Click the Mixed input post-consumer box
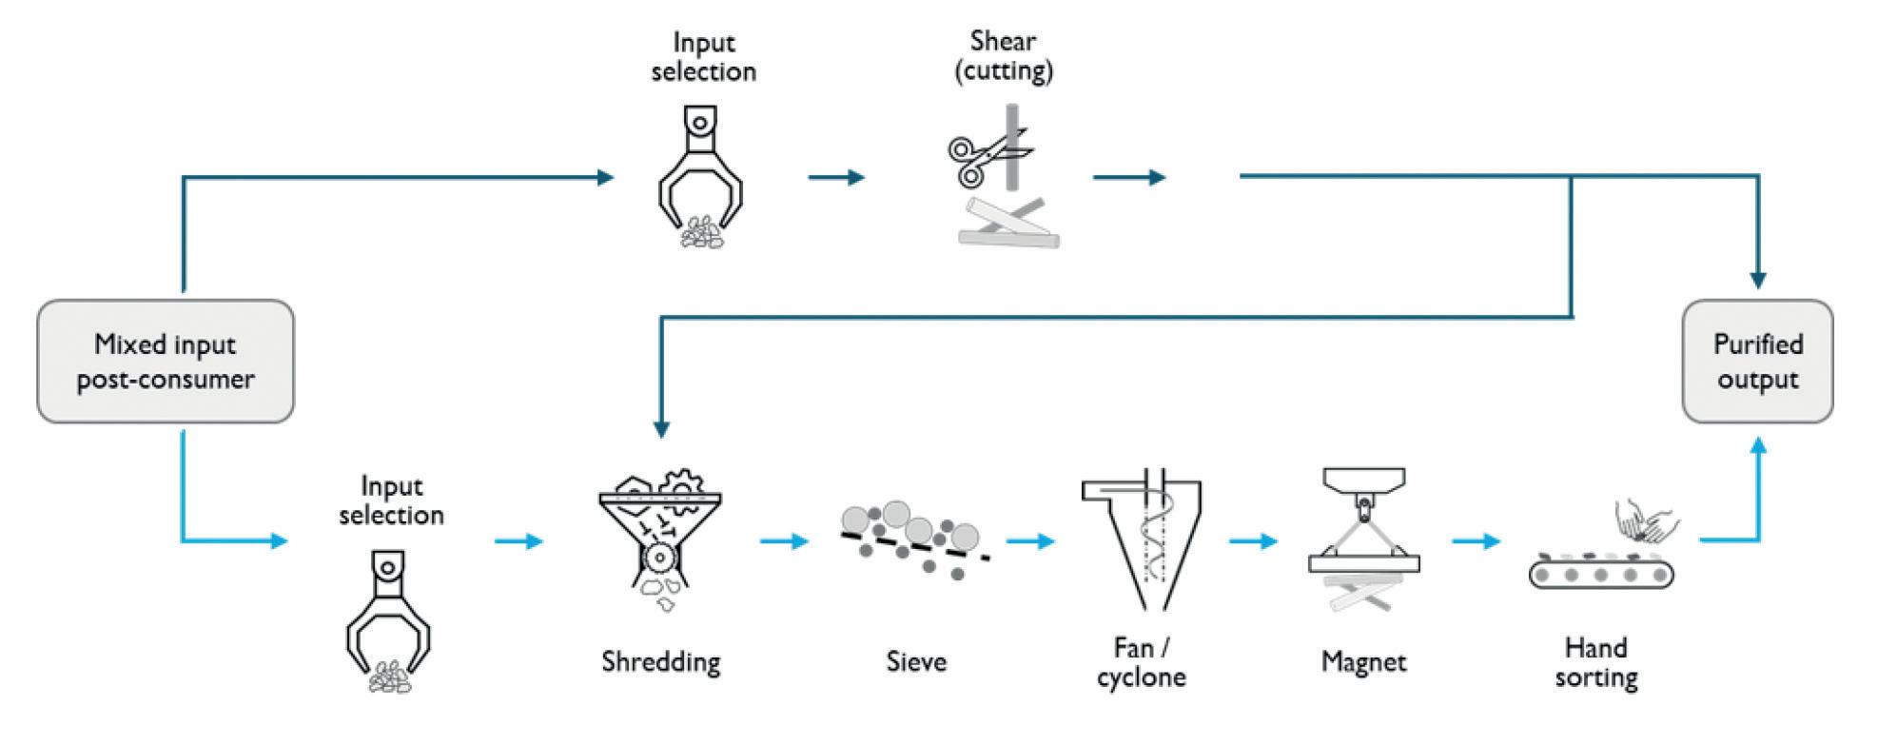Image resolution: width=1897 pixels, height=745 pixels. point(166,362)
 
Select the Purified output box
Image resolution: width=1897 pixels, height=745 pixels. point(1757,362)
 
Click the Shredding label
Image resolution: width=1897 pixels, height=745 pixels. point(660,661)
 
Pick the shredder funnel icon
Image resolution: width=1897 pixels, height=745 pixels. point(659,538)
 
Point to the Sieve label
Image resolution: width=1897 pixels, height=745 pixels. point(916,661)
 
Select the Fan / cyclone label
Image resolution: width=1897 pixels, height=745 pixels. point(1141,663)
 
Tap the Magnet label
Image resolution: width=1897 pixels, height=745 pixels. point(1363,661)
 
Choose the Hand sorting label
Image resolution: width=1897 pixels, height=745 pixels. point(1595,663)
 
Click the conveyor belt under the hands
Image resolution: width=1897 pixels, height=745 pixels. point(1600,574)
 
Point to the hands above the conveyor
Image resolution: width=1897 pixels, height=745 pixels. point(1646,521)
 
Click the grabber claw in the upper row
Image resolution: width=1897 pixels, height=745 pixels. point(700,176)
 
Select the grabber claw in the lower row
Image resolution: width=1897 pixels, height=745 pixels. point(387,618)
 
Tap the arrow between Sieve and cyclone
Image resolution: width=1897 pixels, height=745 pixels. point(1031,541)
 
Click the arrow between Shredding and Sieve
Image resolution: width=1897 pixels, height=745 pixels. point(784,541)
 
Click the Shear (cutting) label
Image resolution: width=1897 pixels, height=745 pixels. point(1004,55)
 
